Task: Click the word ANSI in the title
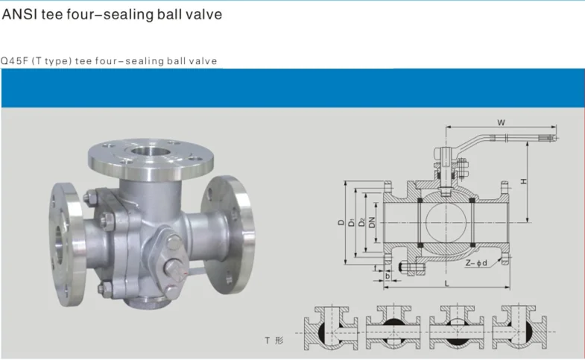pos(19,14)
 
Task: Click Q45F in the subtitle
pos(14,61)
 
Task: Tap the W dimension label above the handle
pos(501,122)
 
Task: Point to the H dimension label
pos(524,181)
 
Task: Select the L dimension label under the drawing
pos(446,283)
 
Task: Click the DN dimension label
pos(372,222)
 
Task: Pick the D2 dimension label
pos(361,222)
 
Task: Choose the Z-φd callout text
pos(476,262)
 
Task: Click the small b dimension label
pos(388,276)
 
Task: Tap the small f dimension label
pos(376,268)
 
